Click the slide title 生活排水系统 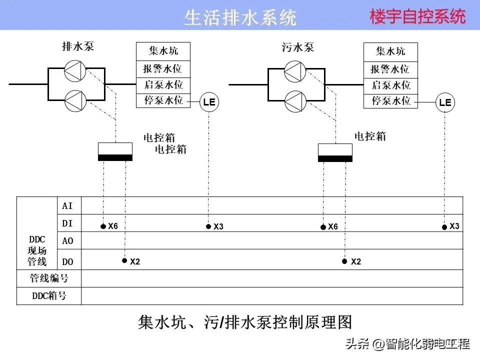click(240, 17)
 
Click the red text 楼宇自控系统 click(417, 16)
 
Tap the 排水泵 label click(78, 46)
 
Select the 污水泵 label click(298, 47)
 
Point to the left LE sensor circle click(209, 103)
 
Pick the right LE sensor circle click(445, 103)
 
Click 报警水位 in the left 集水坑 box click(163, 69)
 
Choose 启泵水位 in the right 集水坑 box click(390, 85)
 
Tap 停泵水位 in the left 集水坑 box click(163, 100)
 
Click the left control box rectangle click(115, 151)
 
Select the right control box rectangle click(335, 152)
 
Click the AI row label click(67, 206)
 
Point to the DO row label click(67, 261)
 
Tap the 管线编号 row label click(49, 278)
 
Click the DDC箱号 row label click(49, 295)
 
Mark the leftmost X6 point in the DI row click(103, 226)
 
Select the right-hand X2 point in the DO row click(344, 261)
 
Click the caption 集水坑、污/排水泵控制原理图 click(245, 322)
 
